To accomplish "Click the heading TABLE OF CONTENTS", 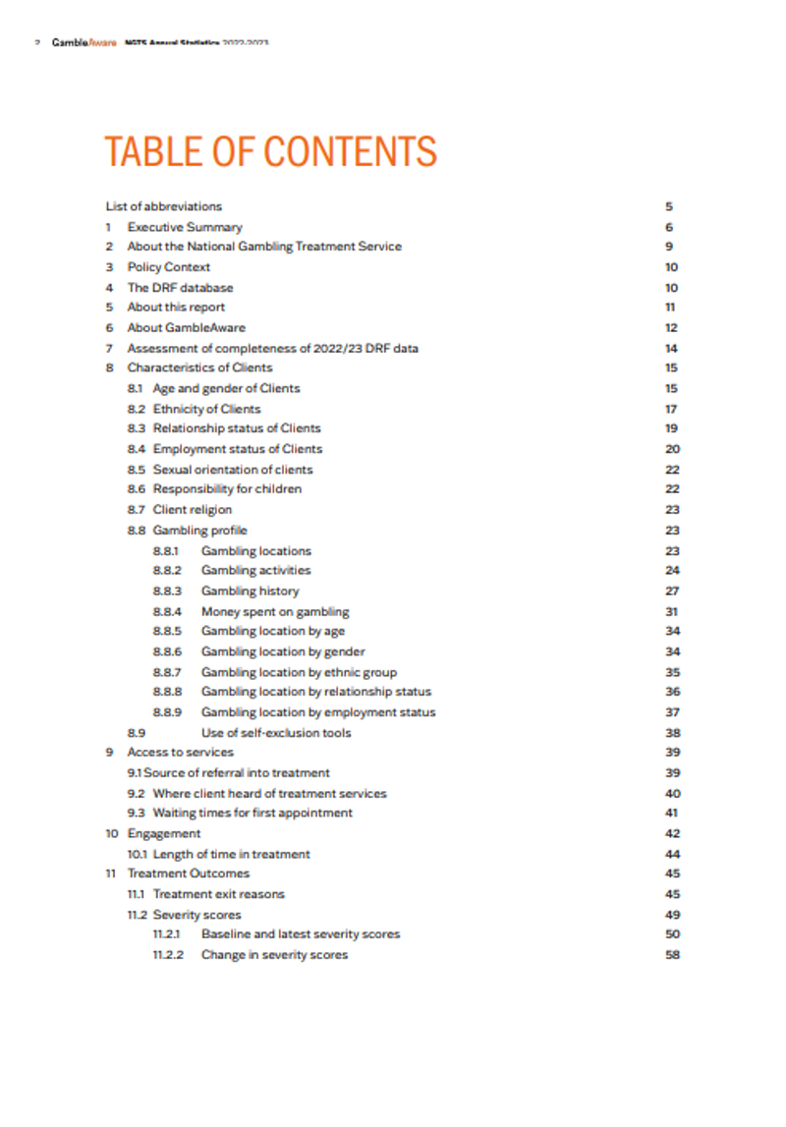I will click(x=270, y=151).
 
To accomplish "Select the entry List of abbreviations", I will click(x=164, y=206).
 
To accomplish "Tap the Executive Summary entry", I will click(x=185, y=227).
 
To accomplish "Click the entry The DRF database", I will click(x=180, y=288).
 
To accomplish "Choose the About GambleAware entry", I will click(x=187, y=328).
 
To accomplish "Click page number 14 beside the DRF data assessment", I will click(x=672, y=348).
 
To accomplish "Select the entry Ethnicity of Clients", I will click(x=206, y=409).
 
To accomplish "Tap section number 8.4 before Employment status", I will click(x=137, y=449).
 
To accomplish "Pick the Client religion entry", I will click(x=193, y=510).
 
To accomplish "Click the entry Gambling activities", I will click(x=255, y=571).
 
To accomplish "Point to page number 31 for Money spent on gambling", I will click(x=672, y=611).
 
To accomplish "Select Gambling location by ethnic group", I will click(x=299, y=672).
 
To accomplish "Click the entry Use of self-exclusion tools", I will click(x=275, y=733).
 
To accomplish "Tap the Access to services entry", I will click(x=181, y=753).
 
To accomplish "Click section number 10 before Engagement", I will click(x=112, y=834).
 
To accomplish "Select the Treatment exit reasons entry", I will click(x=218, y=894).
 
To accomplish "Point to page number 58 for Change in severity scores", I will click(x=672, y=955).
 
